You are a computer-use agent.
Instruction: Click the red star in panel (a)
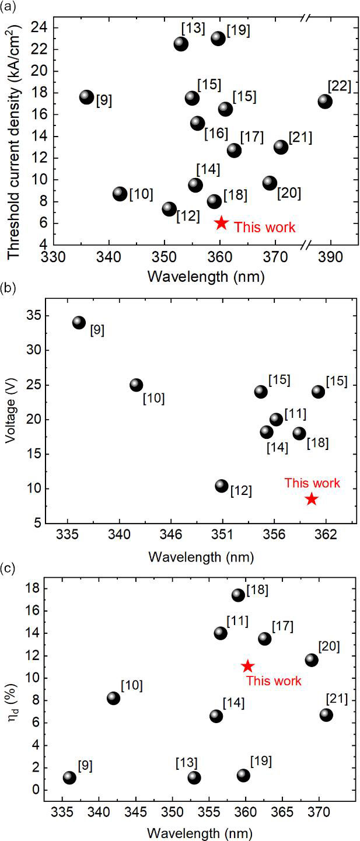[221, 223]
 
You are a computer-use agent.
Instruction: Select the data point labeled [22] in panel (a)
[325, 101]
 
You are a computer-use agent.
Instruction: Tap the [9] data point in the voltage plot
[79, 323]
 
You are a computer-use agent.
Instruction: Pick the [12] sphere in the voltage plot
[221, 486]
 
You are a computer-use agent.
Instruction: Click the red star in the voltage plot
[312, 499]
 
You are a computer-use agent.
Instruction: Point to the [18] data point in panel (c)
[238, 595]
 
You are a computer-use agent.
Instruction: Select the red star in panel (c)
[247, 666]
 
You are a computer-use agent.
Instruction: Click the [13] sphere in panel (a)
[181, 44]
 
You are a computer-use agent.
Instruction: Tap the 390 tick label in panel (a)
[331, 258]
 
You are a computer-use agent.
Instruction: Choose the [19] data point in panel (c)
[243, 776]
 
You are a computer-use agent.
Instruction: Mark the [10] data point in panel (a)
[120, 194]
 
